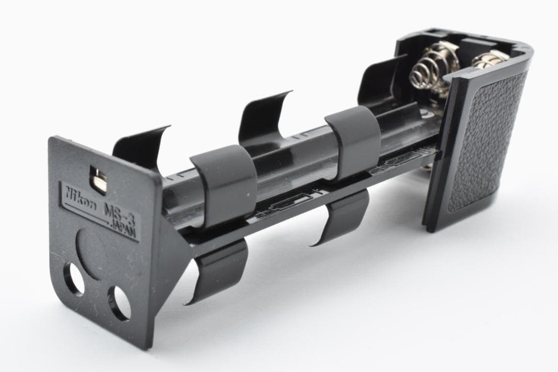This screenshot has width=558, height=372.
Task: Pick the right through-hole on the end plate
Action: tap(119, 303)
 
